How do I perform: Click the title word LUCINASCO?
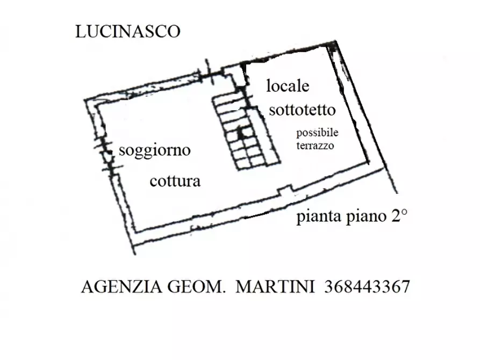pyautogui.click(x=128, y=32)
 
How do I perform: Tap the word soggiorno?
pyautogui.click(x=154, y=150)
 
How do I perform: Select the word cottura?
pyautogui.click(x=175, y=181)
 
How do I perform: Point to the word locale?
pyautogui.click(x=288, y=85)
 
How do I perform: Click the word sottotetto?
pyautogui.click(x=302, y=110)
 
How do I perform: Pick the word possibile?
pyautogui.click(x=317, y=133)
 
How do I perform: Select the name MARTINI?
pyautogui.click(x=275, y=287)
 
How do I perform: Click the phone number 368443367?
pyautogui.click(x=367, y=287)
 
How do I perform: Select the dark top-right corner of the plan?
pyautogui.click(x=333, y=47)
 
